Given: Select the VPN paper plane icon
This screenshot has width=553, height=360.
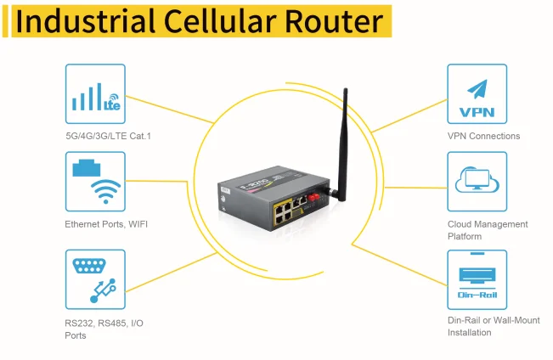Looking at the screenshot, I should point(477,88).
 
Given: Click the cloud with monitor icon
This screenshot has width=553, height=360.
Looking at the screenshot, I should point(477,181).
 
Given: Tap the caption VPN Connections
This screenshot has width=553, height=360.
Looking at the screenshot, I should point(483,136).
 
